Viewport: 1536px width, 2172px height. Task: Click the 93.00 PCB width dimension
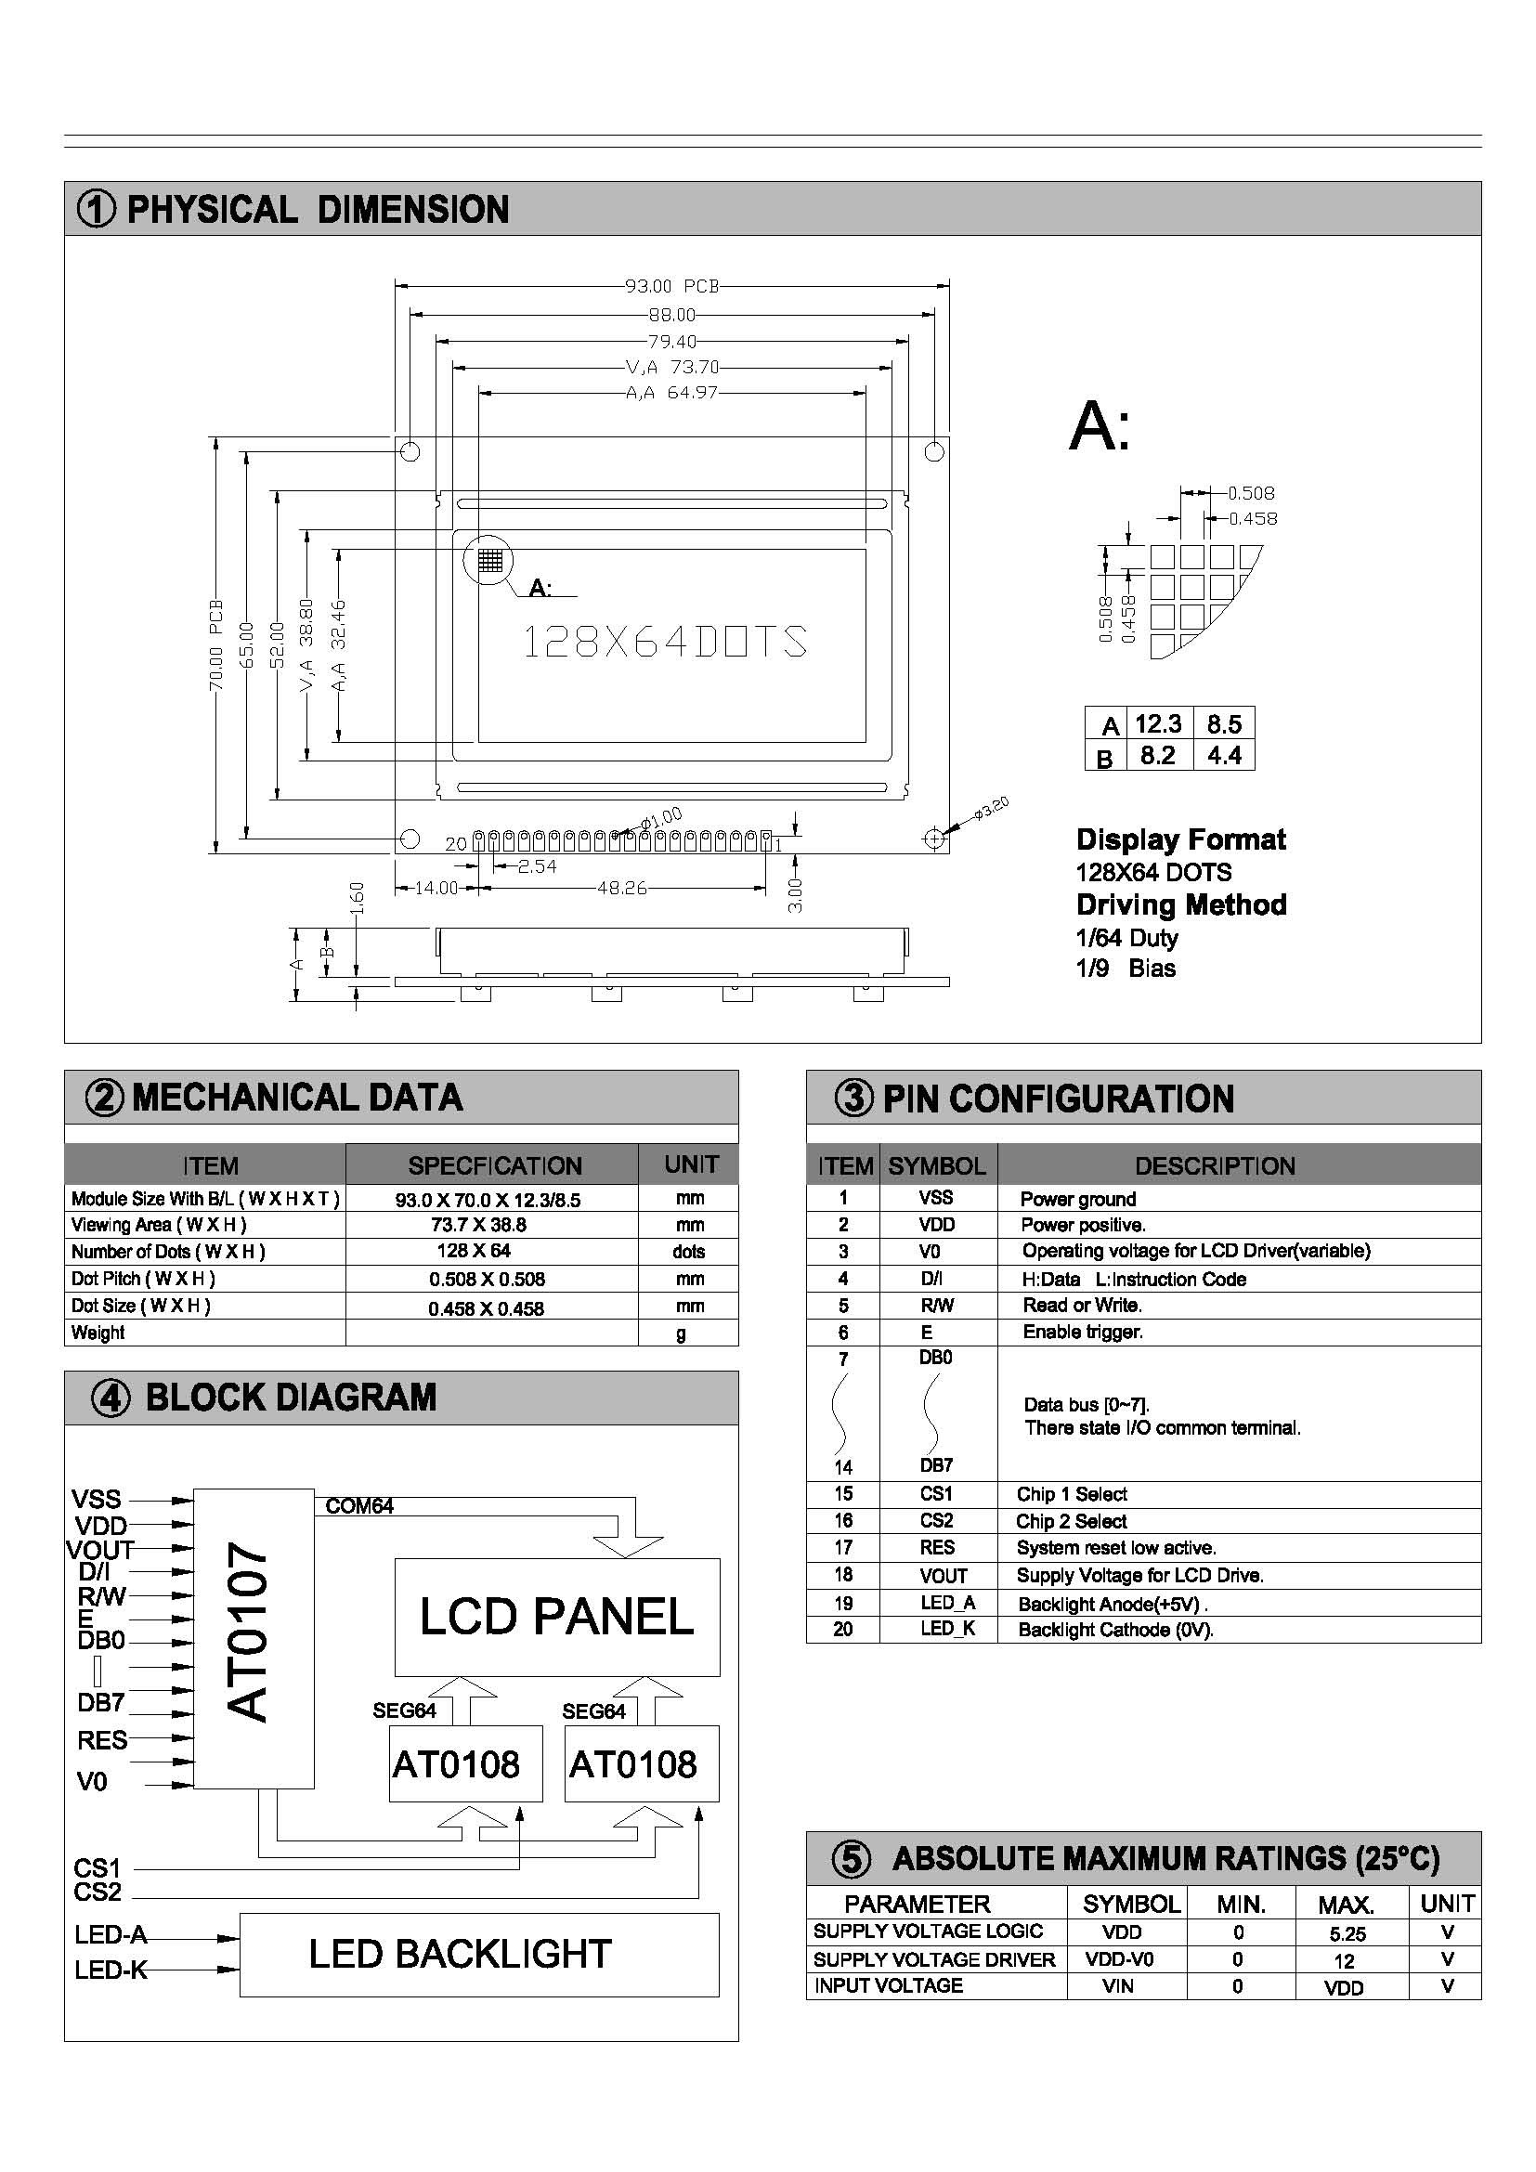(671, 286)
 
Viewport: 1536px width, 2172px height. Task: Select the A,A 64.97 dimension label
(671, 393)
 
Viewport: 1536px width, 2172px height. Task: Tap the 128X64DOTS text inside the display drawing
(665, 643)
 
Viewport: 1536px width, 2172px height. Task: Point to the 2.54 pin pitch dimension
(536, 866)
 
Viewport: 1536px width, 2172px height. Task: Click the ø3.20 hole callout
(992, 807)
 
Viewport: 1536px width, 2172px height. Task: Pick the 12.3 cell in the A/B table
(1158, 723)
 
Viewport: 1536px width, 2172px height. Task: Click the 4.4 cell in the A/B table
(1223, 755)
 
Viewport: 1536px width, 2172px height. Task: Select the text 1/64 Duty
(1126, 938)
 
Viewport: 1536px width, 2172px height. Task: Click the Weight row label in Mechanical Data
(98, 1333)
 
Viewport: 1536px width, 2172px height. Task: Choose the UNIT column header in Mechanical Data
(690, 1164)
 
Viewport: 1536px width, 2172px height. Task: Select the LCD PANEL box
(556, 1617)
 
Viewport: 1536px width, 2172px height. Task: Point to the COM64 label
(358, 1506)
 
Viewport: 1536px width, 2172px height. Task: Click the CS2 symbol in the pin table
(936, 1520)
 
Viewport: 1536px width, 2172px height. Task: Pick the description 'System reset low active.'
(1116, 1548)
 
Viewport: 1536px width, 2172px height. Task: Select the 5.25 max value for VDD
(1347, 1934)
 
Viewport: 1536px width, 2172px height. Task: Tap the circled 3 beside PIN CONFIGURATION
(853, 1099)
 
